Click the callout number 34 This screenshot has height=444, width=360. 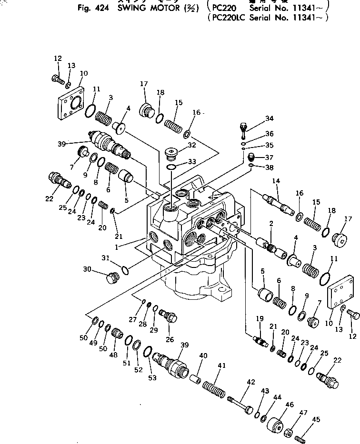tap(270, 118)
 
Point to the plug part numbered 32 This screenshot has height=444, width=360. tap(170, 153)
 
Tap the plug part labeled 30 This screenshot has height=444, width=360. tap(112, 277)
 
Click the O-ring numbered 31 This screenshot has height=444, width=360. tap(125, 271)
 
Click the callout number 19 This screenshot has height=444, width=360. tap(260, 318)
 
